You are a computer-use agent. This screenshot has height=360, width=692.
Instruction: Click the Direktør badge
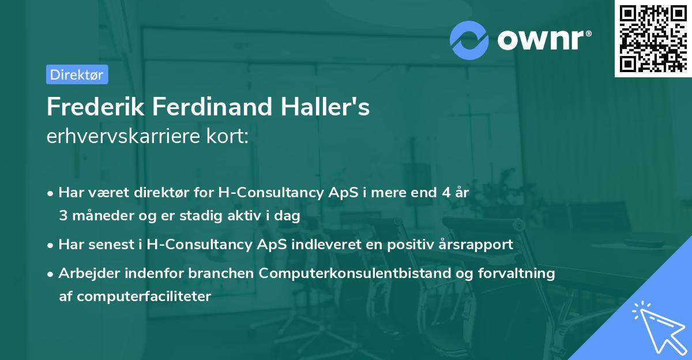pyautogui.click(x=77, y=74)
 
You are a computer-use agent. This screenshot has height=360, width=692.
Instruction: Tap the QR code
pyautogui.click(x=652, y=38)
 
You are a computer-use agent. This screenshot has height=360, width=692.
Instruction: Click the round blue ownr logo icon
pyautogui.click(x=469, y=39)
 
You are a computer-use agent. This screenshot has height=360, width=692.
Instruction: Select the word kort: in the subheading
pyautogui.click(x=231, y=137)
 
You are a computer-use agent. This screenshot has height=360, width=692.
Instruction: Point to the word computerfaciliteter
pyautogui.click(x=135, y=297)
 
